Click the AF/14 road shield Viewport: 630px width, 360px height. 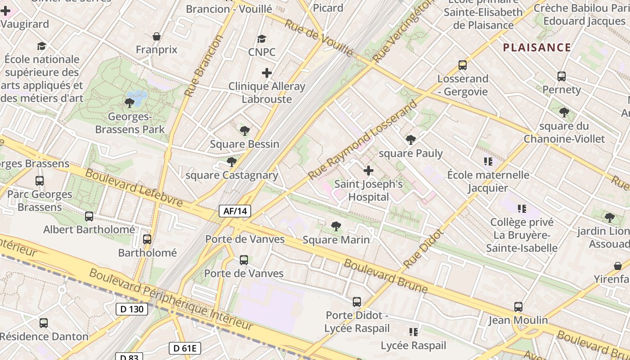[x=235, y=211]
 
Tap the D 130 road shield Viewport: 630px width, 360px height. [x=132, y=309]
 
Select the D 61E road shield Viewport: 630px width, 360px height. [x=185, y=348]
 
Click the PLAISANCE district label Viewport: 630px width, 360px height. [x=537, y=47]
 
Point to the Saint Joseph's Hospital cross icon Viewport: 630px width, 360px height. [x=369, y=171]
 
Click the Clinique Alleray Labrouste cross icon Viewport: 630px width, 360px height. [x=267, y=72]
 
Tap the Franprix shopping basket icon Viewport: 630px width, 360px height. [x=157, y=36]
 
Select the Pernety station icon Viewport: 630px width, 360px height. [x=561, y=76]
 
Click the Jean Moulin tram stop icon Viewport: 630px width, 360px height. [x=518, y=307]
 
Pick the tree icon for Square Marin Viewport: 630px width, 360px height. [x=336, y=226]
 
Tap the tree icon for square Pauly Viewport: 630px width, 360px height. [x=410, y=140]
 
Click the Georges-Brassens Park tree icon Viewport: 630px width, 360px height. [x=130, y=103]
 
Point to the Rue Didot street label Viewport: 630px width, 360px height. [x=423, y=249]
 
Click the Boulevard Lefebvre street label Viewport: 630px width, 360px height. [x=134, y=188]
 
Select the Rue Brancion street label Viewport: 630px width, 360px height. [x=204, y=66]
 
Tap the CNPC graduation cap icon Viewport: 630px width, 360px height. [x=261, y=39]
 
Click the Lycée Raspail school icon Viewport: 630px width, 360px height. [x=413, y=332]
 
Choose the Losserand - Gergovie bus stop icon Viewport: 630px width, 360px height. [x=463, y=65]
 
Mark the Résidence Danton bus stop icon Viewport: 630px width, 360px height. [x=44, y=323]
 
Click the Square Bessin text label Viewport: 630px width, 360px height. [x=245, y=144]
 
